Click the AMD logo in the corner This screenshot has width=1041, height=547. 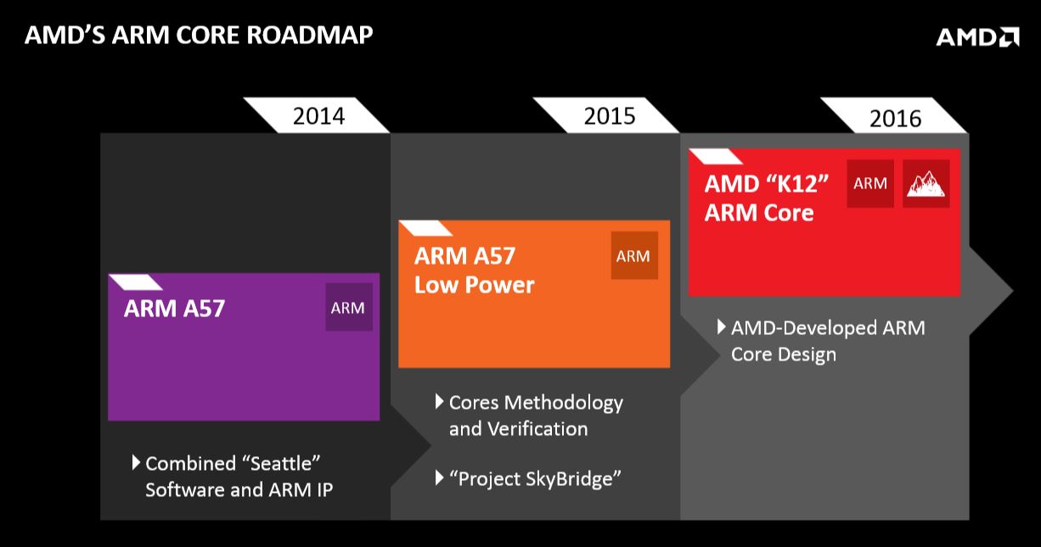977,36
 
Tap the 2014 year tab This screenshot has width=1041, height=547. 318,115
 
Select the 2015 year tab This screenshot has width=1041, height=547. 609,115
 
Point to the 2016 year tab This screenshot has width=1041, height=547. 895,118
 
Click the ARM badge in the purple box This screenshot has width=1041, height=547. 348,308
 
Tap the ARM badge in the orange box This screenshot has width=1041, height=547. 633,256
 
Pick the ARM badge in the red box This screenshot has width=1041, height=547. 870,183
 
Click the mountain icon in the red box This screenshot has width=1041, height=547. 926,183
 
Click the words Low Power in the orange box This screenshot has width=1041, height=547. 474,285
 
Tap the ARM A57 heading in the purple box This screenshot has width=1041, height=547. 174,308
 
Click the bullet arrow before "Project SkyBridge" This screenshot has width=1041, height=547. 440,478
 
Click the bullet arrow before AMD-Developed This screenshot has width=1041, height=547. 722,327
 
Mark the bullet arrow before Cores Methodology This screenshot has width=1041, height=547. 440,400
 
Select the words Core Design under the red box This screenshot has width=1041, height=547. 783,354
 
